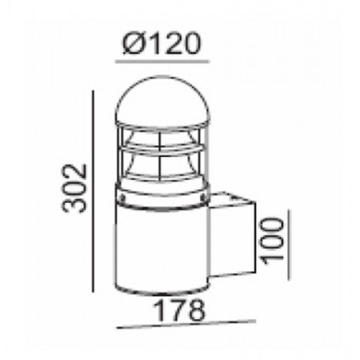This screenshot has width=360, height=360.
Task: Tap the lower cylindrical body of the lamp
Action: (x=162, y=246)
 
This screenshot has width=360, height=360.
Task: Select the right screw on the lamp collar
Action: (x=202, y=197)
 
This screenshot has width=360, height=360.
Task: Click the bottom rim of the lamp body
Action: (x=162, y=292)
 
